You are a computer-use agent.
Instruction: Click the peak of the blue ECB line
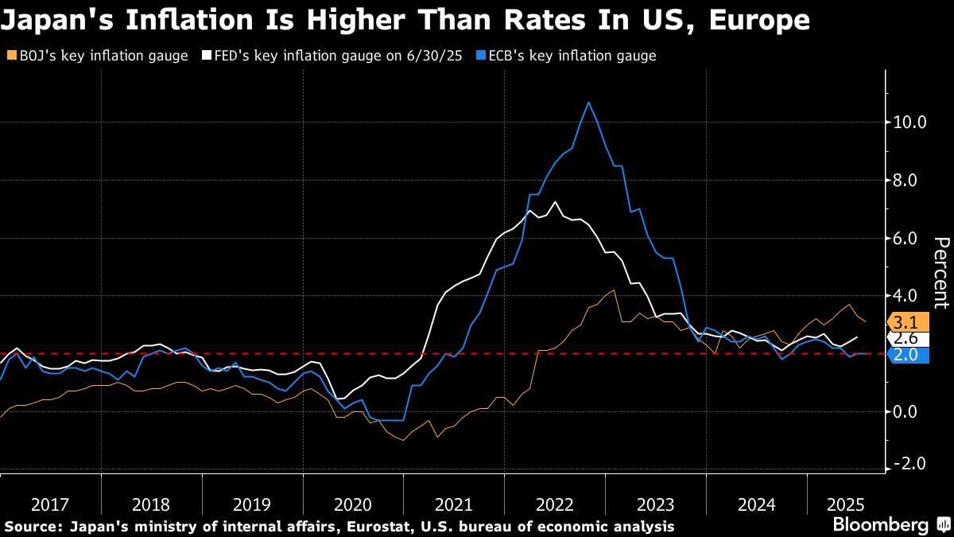coord(588,103)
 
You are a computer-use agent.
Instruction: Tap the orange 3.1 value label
coord(906,323)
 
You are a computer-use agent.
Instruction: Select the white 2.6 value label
coord(906,339)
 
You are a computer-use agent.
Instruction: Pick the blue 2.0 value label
coord(906,355)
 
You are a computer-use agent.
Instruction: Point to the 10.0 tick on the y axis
coord(910,123)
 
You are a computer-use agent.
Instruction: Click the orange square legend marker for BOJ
coord(10,56)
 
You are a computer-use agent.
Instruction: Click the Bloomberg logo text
coord(880,525)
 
